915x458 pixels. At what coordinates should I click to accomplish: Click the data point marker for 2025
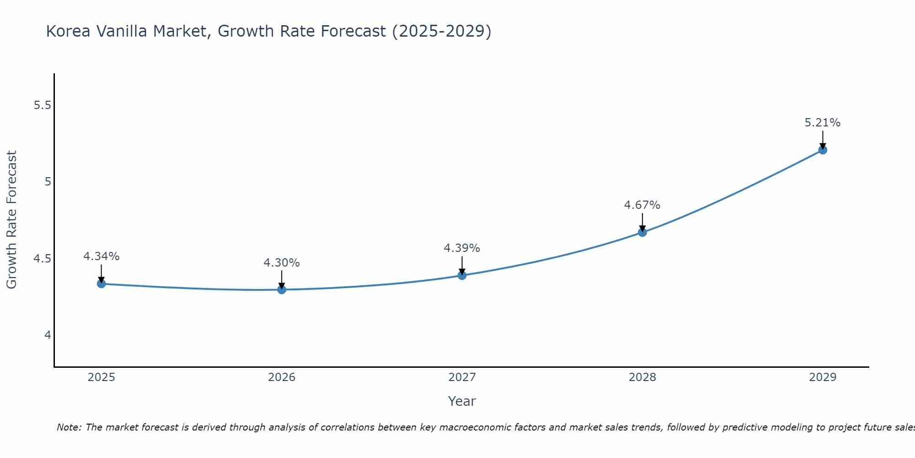[101, 284]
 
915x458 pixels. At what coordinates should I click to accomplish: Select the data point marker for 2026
[281, 289]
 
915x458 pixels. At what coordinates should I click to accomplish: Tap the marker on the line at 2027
[462, 275]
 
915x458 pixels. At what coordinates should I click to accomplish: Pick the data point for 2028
[642, 232]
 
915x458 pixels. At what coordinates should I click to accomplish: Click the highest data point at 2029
[822, 150]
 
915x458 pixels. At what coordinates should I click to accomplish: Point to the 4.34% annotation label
[101, 256]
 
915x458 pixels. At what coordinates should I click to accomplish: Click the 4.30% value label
[281, 263]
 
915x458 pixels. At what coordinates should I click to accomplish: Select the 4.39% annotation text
[462, 248]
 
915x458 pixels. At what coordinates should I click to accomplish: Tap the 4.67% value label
[642, 205]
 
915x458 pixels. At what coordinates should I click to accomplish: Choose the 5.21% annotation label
[822, 123]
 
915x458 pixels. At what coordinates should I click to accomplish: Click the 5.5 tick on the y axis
[42, 105]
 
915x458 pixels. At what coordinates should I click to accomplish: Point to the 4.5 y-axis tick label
[42, 259]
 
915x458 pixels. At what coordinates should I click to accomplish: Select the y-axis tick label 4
[48, 335]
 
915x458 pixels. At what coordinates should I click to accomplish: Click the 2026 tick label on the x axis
[281, 377]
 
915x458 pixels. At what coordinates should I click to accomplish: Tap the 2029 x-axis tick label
[822, 377]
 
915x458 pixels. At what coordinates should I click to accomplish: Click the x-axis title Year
[462, 401]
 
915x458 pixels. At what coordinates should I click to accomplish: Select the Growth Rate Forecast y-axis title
[11, 220]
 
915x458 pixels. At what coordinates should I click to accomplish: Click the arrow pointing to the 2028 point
[642, 222]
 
